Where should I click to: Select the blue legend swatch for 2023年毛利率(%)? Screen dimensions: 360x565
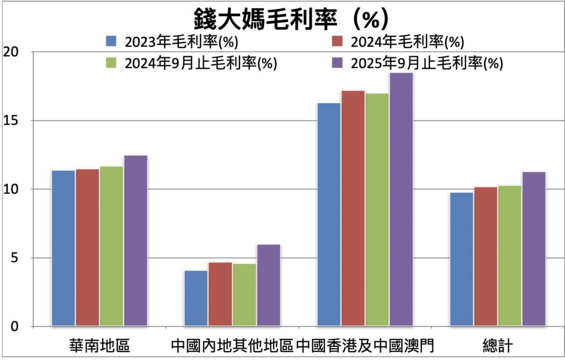tap(112, 41)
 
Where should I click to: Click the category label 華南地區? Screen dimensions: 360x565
tap(99, 346)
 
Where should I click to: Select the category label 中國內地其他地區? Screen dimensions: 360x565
tap(232, 346)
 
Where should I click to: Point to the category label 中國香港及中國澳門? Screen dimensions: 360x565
tap(365, 346)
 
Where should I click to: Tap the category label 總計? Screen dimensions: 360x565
tap(498, 346)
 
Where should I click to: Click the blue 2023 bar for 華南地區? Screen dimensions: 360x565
tap(63, 248)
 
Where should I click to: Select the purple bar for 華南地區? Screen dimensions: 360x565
tap(136, 241)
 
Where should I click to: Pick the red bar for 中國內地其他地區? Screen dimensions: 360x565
tap(220, 294)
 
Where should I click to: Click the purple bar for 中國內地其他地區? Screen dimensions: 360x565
tap(269, 286)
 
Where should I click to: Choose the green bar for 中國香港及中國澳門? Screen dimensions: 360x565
tap(377, 209)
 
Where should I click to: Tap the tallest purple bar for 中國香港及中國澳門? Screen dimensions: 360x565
tap(401, 200)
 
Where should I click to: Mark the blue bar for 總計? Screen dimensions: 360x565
tap(461, 259)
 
